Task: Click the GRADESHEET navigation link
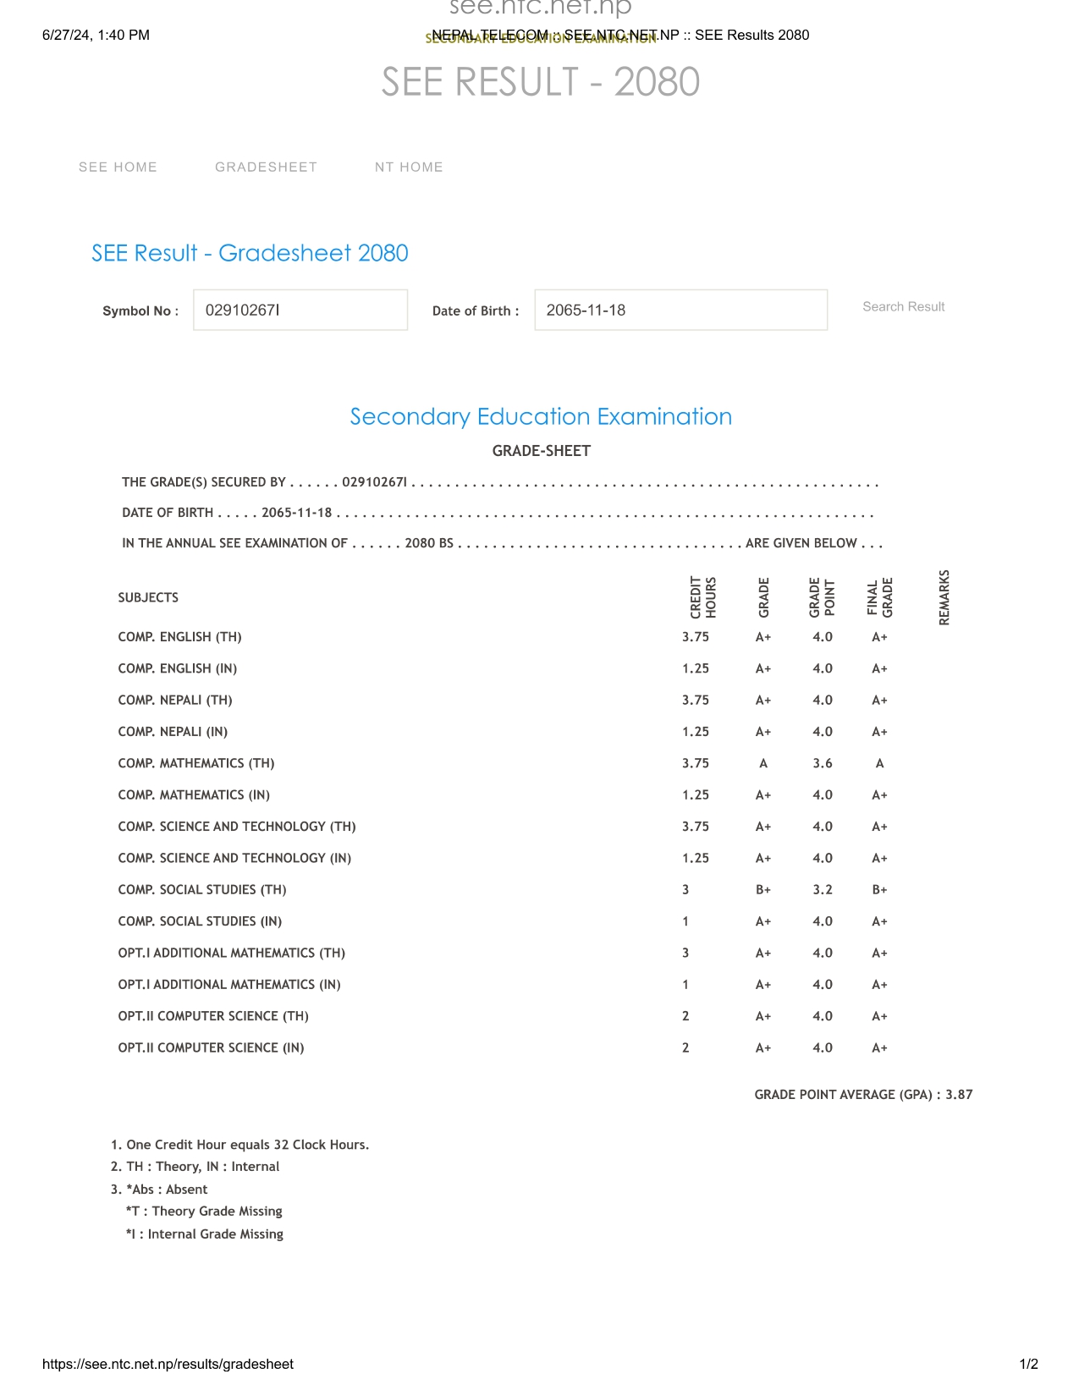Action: (x=266, y=168)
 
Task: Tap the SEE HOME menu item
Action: (x=118, y=168)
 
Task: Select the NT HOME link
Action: (x=409, y=168)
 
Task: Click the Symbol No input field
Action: (x=300, y=311)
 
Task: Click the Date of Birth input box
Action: (x=680, y=311)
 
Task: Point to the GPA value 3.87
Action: (x=959, y=1095)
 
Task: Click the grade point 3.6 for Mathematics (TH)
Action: (x=823, y=763)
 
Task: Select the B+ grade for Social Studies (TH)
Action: (x=762, y=890)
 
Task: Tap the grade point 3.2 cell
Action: (x=823, y=890)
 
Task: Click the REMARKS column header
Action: (x=944, y=597)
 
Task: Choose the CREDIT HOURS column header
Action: (x=703, y=597)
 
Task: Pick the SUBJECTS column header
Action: (x=148, y=598)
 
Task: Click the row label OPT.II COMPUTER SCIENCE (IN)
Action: (x=211, y=1048)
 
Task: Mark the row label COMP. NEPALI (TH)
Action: (x=175, y=701)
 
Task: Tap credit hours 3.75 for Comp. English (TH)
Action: (x=696, y=637)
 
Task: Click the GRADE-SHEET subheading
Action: (x=541, y=451)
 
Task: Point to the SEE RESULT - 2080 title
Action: (x=540, y=82)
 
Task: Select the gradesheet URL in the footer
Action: (x=168, y=1364)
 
